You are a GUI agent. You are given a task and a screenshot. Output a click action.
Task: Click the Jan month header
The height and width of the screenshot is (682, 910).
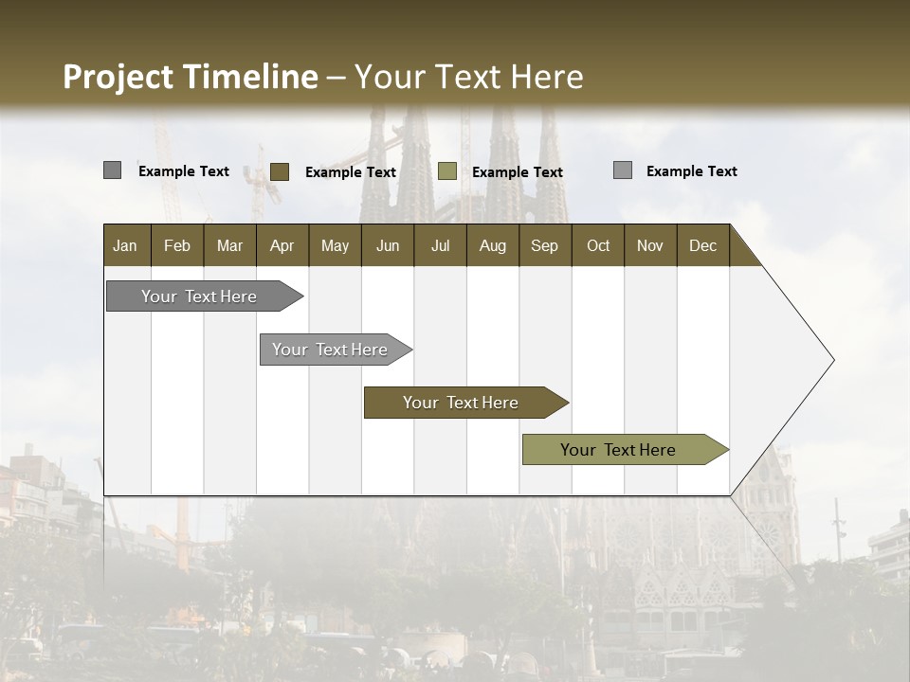(125, 245)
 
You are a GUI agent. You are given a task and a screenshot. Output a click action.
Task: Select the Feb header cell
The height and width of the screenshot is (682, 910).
(177, 245)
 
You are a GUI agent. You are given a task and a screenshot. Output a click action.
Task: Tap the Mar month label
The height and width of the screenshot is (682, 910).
(229, 245)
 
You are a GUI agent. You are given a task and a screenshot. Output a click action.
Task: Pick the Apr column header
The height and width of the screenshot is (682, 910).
(282, 245)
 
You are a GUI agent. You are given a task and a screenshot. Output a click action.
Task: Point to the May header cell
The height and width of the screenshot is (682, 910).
(335, 245)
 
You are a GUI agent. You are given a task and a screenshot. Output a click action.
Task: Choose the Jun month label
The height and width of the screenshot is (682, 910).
(388, 245)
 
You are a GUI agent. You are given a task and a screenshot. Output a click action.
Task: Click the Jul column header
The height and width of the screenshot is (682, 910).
(440, 245)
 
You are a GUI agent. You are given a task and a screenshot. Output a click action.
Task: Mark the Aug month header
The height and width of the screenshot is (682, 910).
(493, 245)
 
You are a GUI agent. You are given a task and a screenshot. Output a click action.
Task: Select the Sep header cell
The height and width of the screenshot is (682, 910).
(545, 245)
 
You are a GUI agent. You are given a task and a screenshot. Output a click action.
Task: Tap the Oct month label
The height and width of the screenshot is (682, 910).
(598, 245)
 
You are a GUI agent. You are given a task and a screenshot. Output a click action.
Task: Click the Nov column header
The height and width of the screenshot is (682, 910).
(650, 245)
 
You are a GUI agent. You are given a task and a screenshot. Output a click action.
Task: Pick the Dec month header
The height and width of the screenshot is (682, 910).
(703, 245)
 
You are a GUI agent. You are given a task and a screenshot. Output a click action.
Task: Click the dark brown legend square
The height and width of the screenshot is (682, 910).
(280, 171)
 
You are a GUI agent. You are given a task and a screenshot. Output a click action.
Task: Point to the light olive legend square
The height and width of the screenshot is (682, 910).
(447, 171)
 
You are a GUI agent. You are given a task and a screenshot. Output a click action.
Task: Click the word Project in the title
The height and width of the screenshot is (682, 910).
(118, 77)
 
